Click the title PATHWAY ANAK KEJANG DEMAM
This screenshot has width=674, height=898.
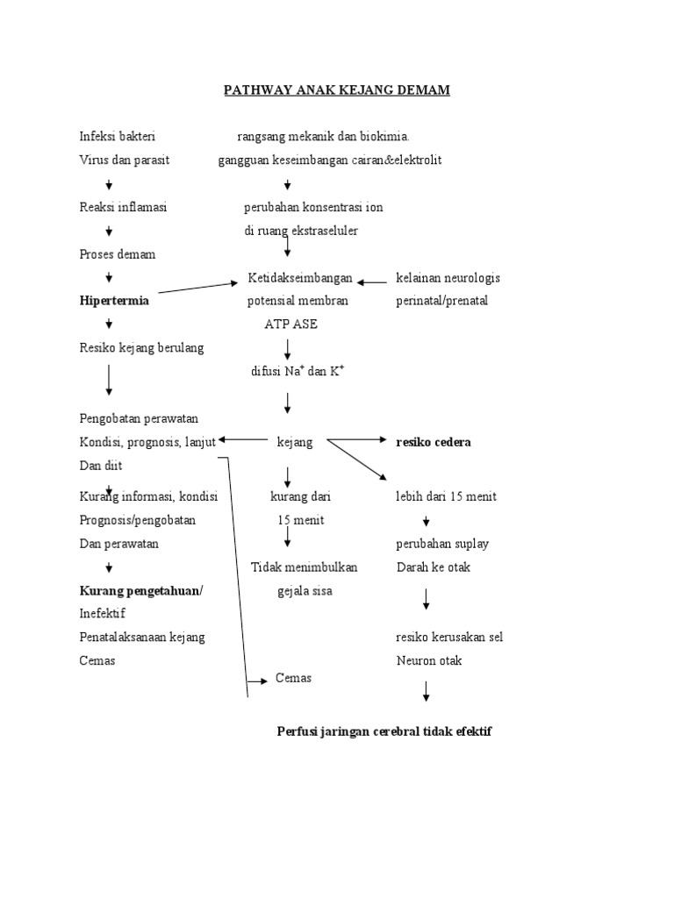[x=337, y=91]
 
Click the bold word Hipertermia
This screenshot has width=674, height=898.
[x=114, y=301]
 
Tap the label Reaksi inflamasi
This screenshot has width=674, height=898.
[x=123, y=208]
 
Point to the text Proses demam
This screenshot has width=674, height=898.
[x=117, y=254]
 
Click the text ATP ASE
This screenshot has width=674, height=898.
[x=291, y=324]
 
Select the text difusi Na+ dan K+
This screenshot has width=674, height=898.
[x=298, y=371]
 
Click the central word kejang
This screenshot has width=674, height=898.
[x=294, y=443]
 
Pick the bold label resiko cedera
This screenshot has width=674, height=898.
[x=434, y=443]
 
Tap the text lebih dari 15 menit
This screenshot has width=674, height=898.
[x=446, y=496]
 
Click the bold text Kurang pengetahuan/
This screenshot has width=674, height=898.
[x=140, y=591]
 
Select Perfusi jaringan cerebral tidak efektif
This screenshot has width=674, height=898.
[x=384, y=731]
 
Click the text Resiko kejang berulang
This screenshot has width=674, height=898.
[x=141, y=348]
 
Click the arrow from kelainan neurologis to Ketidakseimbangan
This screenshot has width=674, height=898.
[x=372, y=282]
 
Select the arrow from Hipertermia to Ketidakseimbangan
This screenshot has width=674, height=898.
[x=198, y=291]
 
